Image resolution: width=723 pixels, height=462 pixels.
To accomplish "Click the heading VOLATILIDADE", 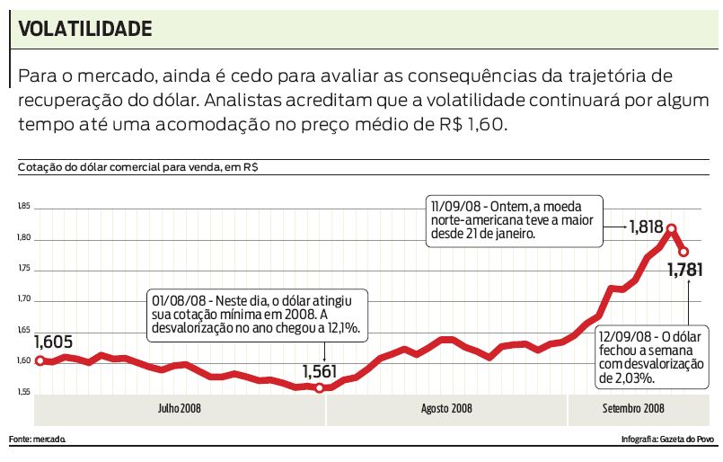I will pyautogui.click(x=85, y=29).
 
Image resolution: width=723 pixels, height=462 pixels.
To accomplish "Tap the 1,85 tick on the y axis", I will pyautogui.click(x=23, y=208).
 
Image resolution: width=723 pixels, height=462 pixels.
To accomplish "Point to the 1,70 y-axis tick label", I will pyautogui.click(x=23, y=299).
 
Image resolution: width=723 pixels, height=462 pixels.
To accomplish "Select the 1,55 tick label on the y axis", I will pyautogui.click(x=23, y=392).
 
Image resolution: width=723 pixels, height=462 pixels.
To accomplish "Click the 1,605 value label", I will pyautogui.click(x=53, y=342).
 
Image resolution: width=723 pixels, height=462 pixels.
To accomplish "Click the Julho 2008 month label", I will pyautogui.click(x=179, y=409).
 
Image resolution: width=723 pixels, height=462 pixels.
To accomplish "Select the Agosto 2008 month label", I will pyautogui.click(x=446, y=409).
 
